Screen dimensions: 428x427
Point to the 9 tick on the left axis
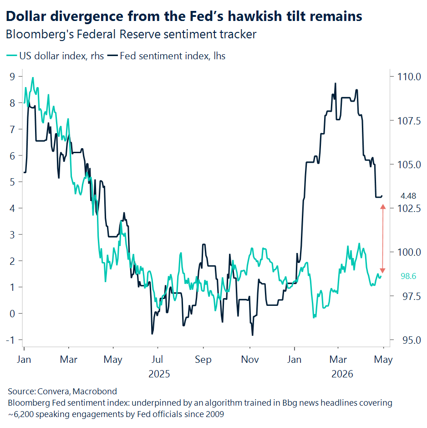[13, 77]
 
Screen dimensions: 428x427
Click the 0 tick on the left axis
[13, 314]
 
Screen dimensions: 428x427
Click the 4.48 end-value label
[408, 196]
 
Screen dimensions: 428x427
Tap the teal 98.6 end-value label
[408, 276]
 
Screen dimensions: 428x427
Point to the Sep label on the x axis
[203, 360]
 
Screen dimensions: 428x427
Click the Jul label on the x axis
[157, 360]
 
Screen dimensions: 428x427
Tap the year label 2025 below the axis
[159, 374]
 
